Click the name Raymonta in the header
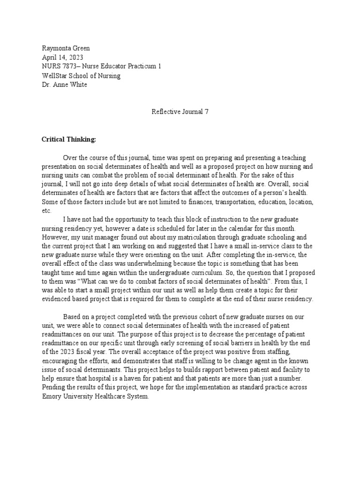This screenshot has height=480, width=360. click(x=55, y=49)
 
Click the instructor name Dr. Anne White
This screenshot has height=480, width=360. click(x=64, y=84)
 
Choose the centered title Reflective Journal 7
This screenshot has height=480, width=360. click(x=180, y=112)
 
